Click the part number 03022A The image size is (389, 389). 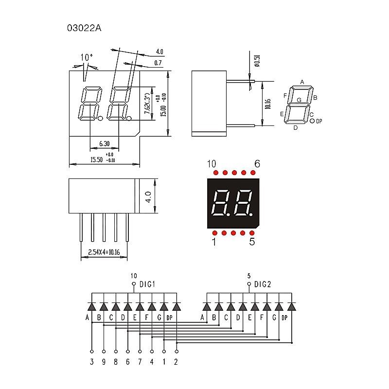pos(84,28)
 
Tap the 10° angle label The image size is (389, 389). pos(87,57)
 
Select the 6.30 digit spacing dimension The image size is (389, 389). pos(104,144)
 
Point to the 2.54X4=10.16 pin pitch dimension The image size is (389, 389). pos(104,252)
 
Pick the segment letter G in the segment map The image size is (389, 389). pos(299,100)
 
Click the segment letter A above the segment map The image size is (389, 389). pos(302,82)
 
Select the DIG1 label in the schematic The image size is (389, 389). pos(147,284)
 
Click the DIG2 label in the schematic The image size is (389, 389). pos(263,284)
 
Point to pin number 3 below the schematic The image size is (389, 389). pos(91,362)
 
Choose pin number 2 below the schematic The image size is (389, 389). pos(176,362)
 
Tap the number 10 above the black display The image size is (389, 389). pos(212,164)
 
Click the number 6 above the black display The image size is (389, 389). pos(257,164)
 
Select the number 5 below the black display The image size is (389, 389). pos(252,241)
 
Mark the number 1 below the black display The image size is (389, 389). pos(213,241)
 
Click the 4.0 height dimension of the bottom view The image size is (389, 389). pos(148,196)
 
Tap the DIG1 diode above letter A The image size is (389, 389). pos(91,306)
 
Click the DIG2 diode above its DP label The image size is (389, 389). pos(291,306)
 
